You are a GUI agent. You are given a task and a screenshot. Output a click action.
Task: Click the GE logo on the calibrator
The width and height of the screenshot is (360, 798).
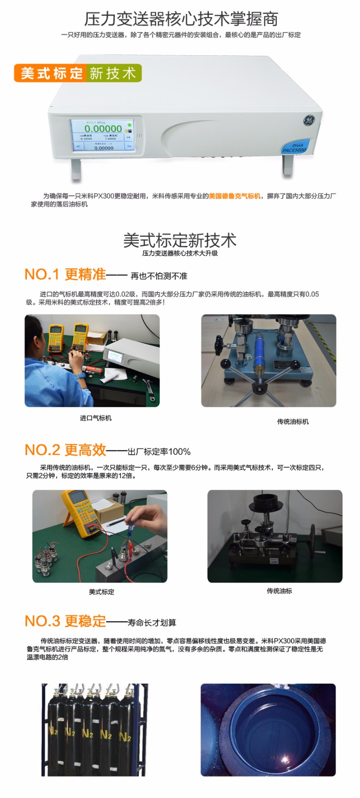tap(309, 120)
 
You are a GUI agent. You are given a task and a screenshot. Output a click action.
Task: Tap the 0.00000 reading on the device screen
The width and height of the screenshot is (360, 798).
tap(103, 129)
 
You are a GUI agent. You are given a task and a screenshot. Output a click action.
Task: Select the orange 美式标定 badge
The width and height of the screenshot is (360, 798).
tap(51, 73)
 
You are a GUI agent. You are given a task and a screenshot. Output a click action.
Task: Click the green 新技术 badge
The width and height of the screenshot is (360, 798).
tap(113, 73)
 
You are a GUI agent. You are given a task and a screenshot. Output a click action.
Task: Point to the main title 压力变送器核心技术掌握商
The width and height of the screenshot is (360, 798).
tap(180, 19)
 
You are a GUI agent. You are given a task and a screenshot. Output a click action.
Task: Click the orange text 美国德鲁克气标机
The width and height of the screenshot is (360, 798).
tap(235, 197)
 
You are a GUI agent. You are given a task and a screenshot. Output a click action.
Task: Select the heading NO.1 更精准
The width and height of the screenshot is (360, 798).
tap(65, 275)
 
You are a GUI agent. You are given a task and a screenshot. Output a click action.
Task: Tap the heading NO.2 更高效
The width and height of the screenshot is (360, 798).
tap(65, 450)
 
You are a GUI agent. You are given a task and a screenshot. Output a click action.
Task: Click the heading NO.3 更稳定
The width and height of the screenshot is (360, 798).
tap(65, 621)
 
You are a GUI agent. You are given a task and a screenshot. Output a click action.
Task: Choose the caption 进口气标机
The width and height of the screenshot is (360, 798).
tap(96, 418)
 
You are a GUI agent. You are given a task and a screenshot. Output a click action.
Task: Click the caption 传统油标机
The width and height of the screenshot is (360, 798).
tap(293, 421)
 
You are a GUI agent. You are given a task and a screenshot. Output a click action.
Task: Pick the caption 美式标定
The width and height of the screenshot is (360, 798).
tap(102, 592)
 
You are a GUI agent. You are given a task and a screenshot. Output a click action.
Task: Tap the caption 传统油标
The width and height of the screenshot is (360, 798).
tap(279, 591)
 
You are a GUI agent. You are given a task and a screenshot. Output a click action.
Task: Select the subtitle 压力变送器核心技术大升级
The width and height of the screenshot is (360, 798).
tap(180, 253)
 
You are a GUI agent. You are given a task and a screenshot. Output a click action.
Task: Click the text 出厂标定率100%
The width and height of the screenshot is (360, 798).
tap(159, 452)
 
